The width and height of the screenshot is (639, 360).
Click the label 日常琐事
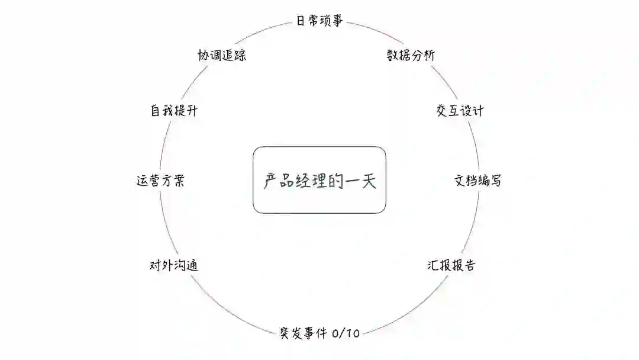pyautogui.click(x=319, y=22)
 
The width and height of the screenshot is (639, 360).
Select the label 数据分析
pyautogui.click(x=411, y=56)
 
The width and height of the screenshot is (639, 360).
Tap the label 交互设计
pyautogui.click(x=460, y=111)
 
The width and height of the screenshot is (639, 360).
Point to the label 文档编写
pyautogui.click(x=478, y=181)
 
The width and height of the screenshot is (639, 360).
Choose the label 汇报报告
pyautogui.click(x=451, y=265)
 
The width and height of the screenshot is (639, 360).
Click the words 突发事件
pyautogui.click(x=303, y=333)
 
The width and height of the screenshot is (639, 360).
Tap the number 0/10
pyautogui.click(x=346, y=333)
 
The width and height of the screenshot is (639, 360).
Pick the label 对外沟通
pyautogui.click(x=173, y=265)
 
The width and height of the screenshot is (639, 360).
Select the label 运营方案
pyautogui.click(x=160, y=181)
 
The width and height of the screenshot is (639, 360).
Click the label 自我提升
pyautogui.click(x=173, y=111)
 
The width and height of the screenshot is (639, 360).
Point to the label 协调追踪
pyautogui.click(x=222, y=56)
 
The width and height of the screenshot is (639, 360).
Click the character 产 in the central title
pyautogui.click(x=271, y=181)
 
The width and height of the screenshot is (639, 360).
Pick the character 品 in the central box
pyautogui.click(x=286, y=181)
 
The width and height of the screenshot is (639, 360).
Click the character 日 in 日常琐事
pyautogui.click(x=301, y=22)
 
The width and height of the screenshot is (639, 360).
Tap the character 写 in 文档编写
pyautogui.click(x=496, y=181)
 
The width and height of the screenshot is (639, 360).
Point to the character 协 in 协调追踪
pyautogui.click(x=204, y=56)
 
